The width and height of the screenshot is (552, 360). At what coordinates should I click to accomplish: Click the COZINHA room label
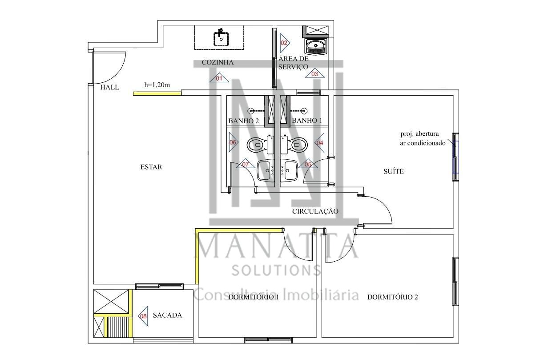218,62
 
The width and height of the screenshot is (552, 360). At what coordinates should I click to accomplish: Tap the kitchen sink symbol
221,38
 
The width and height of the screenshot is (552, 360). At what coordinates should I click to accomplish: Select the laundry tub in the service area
316,46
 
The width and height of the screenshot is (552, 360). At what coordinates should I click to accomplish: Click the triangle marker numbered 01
219,78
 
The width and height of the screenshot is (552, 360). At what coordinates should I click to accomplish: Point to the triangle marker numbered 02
285,43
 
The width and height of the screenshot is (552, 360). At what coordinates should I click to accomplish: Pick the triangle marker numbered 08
143,316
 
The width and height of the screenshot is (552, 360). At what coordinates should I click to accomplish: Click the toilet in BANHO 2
261,145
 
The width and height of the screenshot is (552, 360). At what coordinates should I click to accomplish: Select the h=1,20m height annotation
157,85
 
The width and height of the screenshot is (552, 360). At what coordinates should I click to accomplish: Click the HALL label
110,87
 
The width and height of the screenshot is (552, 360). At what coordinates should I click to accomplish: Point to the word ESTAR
151,167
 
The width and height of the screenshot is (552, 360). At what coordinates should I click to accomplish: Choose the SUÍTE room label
394,171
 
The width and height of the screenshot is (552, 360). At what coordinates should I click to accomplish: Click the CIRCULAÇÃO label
315,211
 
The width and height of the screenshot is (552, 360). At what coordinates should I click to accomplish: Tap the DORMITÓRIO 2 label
393,297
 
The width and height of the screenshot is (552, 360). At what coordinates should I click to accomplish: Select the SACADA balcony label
167,315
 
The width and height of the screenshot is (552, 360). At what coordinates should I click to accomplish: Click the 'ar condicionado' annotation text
423,143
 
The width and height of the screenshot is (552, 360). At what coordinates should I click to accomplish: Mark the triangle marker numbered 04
319,142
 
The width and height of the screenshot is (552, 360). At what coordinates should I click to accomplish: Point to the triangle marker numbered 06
234,142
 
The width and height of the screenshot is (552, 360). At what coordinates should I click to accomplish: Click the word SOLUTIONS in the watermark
276,271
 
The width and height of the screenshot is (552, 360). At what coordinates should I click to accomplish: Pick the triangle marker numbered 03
314,73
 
